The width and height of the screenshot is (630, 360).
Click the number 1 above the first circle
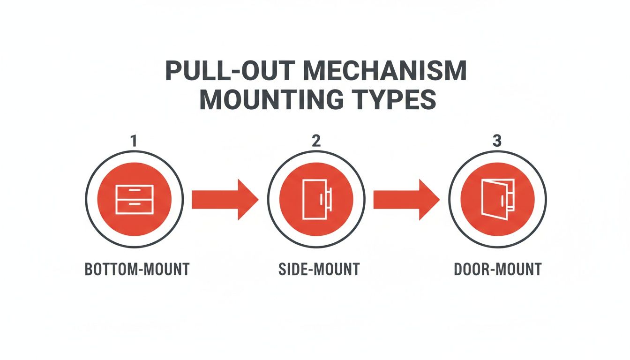[134, 141]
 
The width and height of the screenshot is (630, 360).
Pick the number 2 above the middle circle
[316, 141]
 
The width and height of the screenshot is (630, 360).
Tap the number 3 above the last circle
[497, 141]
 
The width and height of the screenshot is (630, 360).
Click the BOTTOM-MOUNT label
[137, 270]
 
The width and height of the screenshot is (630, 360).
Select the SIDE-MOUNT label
[318, 270]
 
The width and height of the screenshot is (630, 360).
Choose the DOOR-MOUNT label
[498, 270]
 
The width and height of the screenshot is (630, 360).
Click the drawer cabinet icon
[134, 199]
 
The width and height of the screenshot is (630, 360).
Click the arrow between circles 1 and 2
[225, 199]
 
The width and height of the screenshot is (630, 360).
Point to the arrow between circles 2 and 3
[406, 199]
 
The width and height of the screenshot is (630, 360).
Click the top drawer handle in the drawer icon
[134, 190]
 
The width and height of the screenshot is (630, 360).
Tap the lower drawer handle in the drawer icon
[134, 204]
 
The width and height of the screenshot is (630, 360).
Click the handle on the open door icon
[503, 200]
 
